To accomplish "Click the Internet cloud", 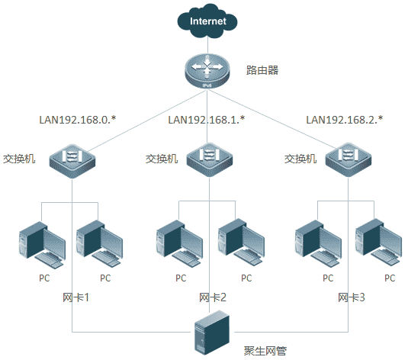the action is [x=207, y=21].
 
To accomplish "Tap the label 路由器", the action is [x=262, y=70].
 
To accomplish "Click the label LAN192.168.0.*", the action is [x=78, y=120].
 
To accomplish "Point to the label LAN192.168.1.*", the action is [x=207, y=120].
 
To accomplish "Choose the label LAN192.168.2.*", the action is [x=345, y=120].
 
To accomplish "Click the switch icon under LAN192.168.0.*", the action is [x=72, y=161].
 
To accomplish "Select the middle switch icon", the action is [x=210, y=159].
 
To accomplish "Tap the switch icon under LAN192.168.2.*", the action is [x=349, y=159].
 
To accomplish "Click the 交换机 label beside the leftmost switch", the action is [x=19, y=159].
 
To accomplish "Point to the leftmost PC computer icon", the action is [x=42, y=245].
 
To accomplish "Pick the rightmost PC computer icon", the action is [x=378, y=243].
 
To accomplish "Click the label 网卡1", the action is [x=75, y=297].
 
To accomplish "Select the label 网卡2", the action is [x=213, y=297].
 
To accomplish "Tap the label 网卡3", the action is [x=352, y=297].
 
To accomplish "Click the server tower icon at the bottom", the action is [x=212, y=333].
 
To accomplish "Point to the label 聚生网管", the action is [x=265, y=351].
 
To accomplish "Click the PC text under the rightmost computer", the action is [x=390, y=278].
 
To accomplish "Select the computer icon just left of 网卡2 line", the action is [x=179, y=243].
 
